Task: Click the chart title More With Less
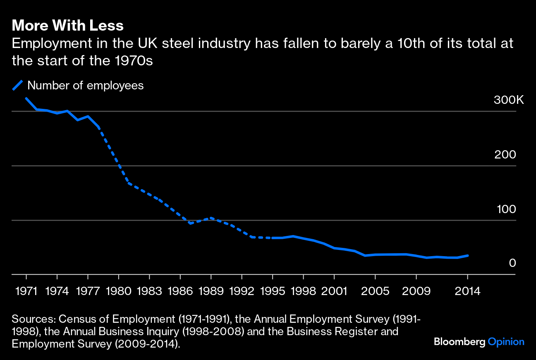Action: click(x=68, y=26)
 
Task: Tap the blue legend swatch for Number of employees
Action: click(x=17, y=85)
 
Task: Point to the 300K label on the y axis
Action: click(x=509, y=100)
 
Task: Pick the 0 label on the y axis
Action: click(x=512, y=263)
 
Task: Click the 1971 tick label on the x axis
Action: click(x=26, y=291)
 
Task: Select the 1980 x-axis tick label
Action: click(x=119, y=291)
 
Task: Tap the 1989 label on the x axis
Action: click(x=211, y=291)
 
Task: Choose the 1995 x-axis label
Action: click(x=273, y=291)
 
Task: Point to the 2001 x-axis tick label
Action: click(x=334, y=291)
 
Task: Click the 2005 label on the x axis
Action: click(x=375, y=291)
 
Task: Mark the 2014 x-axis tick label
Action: click(x=467, y=291)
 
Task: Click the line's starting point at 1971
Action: click(x=26, y=98)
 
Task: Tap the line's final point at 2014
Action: click(x=467, y=256)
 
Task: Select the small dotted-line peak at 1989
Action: click(x=211, y=218)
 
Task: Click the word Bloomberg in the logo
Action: click(x=459, y=342)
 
